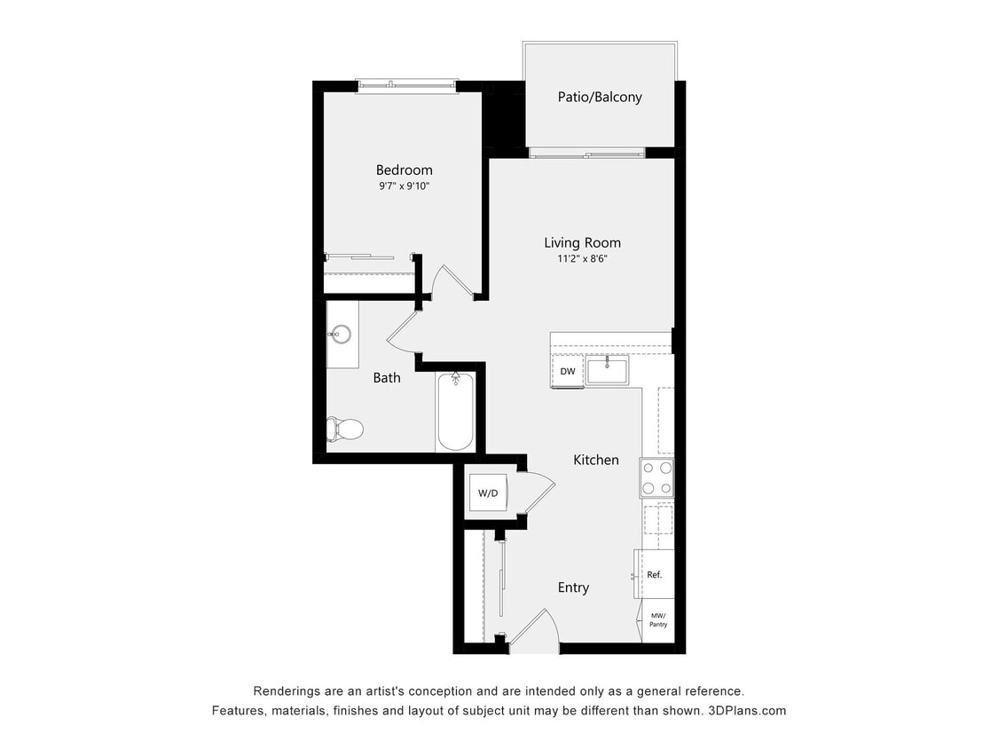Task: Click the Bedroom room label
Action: tap(404, 170)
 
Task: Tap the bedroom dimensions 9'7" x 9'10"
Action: tap(404, 186)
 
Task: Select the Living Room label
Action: tap(582, 242)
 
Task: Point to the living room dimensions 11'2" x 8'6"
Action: tap(582, 259)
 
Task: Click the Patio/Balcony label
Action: tap(600, 97)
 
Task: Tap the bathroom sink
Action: tap(341, 335)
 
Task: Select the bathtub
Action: tap(456, 412)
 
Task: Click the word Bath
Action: tap(387, 377)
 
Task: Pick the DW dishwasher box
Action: tap(568, 371)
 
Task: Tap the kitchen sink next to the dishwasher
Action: tap(607, 371)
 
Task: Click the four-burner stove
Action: tap(657, 477)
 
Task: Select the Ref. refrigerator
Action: tap(654, 575)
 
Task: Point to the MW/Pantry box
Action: tap(658, 619)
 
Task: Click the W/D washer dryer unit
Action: tap(487, 493)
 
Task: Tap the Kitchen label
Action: tap(596, 460)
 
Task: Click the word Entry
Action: tap(573, 587)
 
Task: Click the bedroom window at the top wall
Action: tap(406, 86)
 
